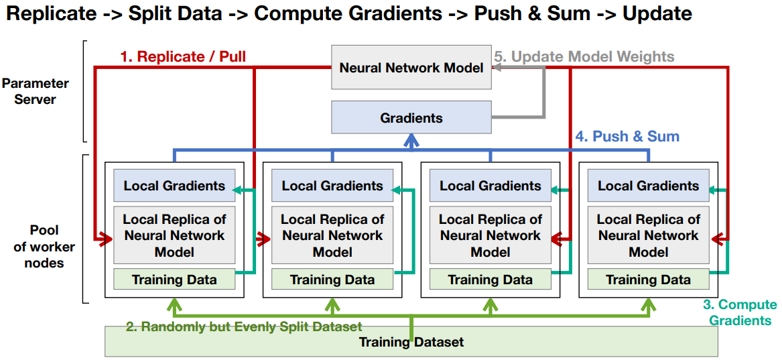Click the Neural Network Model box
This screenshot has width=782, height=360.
(x=411, y=68)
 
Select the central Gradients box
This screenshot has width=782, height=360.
(x=411, y=118)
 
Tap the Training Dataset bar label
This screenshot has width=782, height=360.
(x=411, y=342)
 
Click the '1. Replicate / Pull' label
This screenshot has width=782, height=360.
(x=183, y=57)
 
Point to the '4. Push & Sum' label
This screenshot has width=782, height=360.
(x=627, y=137)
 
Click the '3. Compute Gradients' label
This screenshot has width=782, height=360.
(x=740, y=312)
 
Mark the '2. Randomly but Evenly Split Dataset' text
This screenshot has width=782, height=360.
(x=244, y=327)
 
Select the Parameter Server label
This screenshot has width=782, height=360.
(x=36, y=91)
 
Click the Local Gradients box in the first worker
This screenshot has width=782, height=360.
(x=174, y=186)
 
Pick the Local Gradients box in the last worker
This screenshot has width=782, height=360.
(x=649, y=186)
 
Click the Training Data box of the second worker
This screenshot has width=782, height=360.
(x=332, y=280)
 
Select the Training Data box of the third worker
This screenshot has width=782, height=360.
(x=491, y=280)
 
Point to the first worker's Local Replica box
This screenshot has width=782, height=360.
(x=174, y=235)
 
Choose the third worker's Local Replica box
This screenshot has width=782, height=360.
(x=491, y=235)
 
